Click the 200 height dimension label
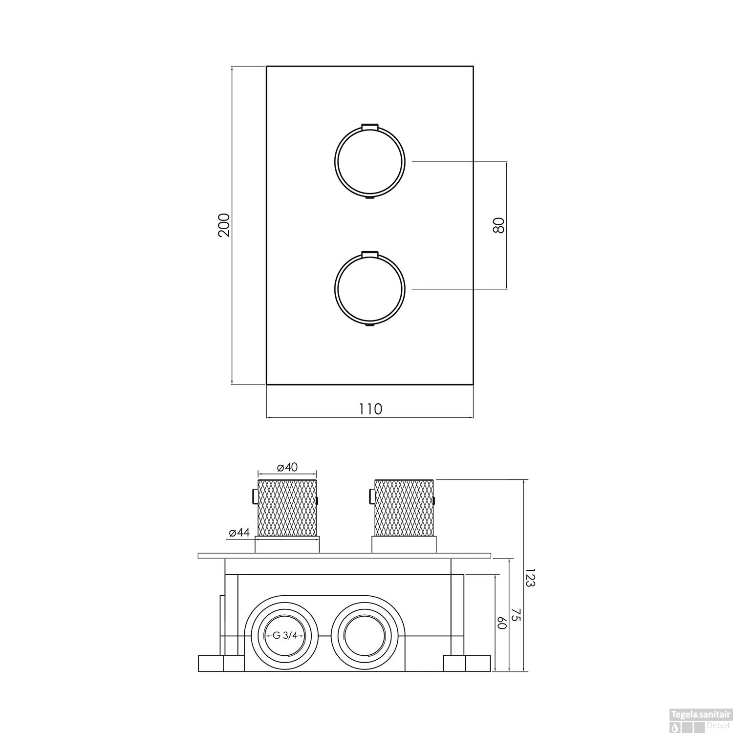pyautogui.click(x=224, y=225)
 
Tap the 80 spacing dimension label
pyautogui.click(x=498, y=225)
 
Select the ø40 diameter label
pyautogui.click(x=287, y=467)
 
